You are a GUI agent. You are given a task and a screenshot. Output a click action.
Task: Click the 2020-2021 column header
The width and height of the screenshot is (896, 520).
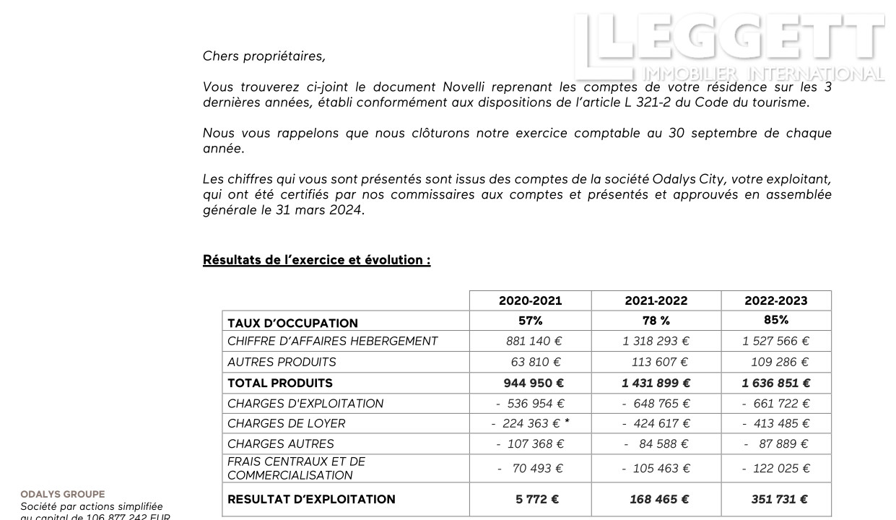pyautogui.click(x=530, y=300)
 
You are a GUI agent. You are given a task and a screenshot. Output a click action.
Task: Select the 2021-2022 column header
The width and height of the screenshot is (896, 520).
pyautogui.click(x=656, y=300)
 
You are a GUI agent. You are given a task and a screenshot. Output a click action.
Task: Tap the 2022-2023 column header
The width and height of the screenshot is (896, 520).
pyautogui.click(x=775, y=300)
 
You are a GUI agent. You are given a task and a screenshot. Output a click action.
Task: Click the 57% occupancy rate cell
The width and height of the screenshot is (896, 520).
pyautogui.click(x=530, y=320)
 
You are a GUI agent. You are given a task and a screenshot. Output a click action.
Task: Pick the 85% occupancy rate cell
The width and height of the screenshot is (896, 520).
pyautogui.click(x=775, y=320)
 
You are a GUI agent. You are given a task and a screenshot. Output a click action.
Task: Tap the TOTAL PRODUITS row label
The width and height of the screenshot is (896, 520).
pyautogui.click(x=280, y=383)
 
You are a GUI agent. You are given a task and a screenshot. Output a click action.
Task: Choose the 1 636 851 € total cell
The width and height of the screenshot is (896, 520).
pyautogui.click(x=775, y=383)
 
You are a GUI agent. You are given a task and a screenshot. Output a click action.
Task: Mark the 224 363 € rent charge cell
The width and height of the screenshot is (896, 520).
pyautogui.click(x=527, y=424)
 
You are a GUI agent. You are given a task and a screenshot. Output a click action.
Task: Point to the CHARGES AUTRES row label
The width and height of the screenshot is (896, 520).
pyautogui.click(x=281, y=444)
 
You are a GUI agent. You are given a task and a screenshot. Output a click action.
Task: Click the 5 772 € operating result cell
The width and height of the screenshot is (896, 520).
pyautogui.click(x=536, y=499)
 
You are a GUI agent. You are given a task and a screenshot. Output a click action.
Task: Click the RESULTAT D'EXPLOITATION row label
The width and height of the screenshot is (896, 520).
pyautogui.click(x=311, y=499)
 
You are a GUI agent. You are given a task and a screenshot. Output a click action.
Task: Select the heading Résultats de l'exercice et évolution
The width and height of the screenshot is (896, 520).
pyautogui.click(x=316, y=260)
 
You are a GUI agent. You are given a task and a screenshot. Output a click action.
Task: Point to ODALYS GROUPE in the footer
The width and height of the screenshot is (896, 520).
pyautogui.click(x=62, y=495)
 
